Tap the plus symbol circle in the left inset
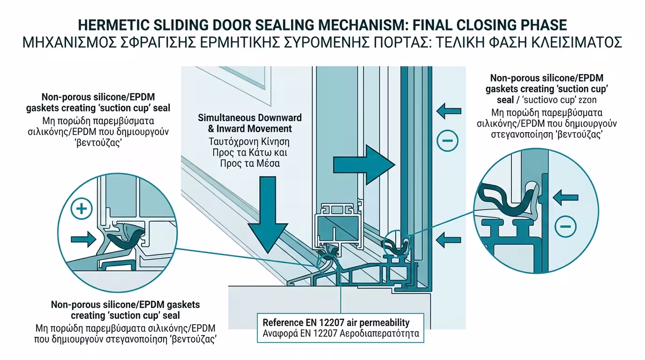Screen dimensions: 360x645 82,209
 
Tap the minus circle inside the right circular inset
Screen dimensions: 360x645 565,227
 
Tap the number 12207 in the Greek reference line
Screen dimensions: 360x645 327,334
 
